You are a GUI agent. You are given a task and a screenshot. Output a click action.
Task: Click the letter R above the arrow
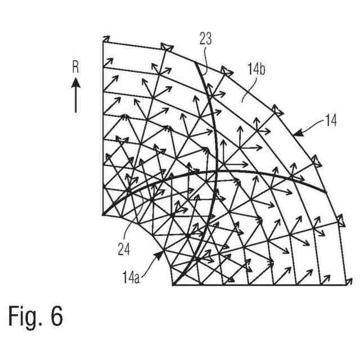(x=76, y=67)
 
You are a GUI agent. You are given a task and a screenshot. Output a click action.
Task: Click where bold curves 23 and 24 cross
(x=217, y=170)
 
